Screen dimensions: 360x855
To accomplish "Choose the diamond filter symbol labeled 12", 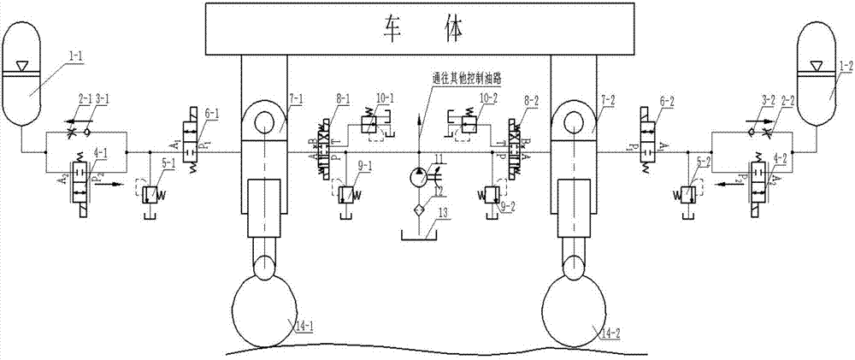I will click(x=419, y=210).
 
